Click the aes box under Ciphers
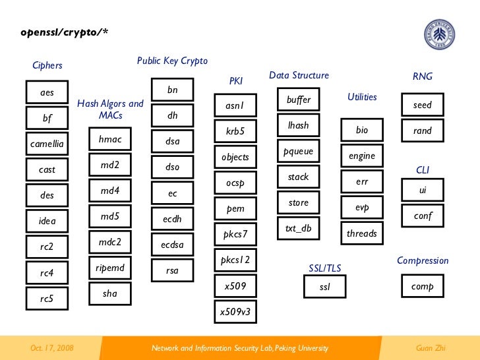(47, 93)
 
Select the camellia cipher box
(47, 144)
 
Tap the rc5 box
(47, 299)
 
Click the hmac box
(110, 139)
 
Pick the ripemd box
(110, 268)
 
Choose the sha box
(110, 293)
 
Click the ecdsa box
(173, 245)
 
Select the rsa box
(173, 270)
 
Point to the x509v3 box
(235, 312)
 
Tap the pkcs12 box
(235, 260)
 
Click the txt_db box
(299, 229)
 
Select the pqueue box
(299, 152)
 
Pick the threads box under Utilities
(362, 233)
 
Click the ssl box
(324, 287)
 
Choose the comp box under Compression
(423, 287)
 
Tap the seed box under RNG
(423, 105)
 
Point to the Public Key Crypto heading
(172, 61)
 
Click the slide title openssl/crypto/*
(63, 32)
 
